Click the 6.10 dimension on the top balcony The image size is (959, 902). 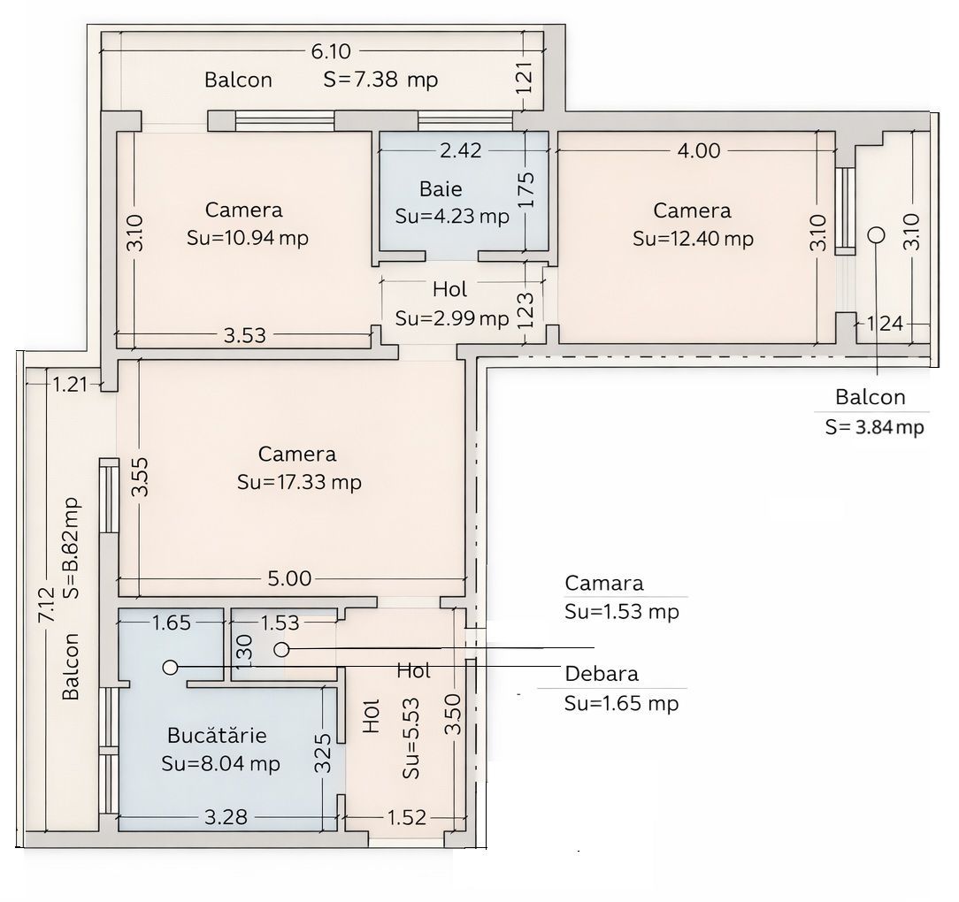click(328, 51)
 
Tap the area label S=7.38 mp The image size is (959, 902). click(380, 80)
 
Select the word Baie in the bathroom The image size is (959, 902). click(441, 188)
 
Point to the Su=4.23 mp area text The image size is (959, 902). click(452, 216)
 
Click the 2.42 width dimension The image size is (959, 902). click(460, 150)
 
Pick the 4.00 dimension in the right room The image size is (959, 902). click(699, 150)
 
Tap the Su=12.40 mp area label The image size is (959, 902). click(693, 238)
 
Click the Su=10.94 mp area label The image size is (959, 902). click(248, 238)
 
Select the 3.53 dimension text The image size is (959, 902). click(244, 334)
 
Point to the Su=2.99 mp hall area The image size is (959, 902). click(452, 317)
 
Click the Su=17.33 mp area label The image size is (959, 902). click(299, 482)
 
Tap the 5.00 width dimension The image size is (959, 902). click(290, 579)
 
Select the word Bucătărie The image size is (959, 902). click(217, 735)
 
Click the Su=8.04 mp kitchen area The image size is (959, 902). click(220, 763)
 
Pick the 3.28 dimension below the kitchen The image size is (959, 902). click(226, 816)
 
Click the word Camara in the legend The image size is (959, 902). click(604, 583)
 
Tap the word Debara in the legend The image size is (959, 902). click(602, 674)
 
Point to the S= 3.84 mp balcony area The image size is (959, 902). click(874, 427)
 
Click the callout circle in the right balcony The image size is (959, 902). click(876, 234)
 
